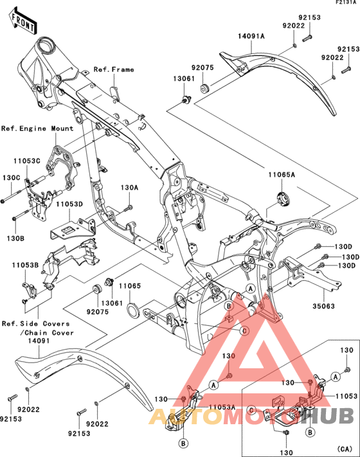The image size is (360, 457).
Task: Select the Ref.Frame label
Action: (x=114, y=69)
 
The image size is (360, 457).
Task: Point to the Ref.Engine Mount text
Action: (x=37, y=129)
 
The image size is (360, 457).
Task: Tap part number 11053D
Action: (x=68, y=204)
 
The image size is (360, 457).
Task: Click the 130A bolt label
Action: (x=129, y=188)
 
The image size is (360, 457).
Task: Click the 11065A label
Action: (x=282, y=174)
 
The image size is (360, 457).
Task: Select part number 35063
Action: (x=323, y=307)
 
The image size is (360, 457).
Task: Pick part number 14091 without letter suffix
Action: (x=39, y=342)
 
